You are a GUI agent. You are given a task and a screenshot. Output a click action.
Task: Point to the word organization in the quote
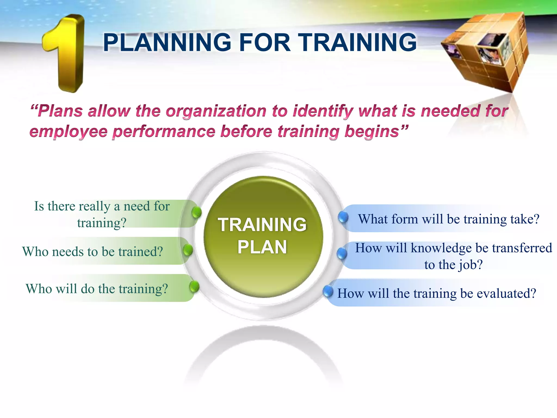(216, 112)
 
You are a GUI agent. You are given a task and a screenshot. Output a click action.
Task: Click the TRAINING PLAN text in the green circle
(262, 236)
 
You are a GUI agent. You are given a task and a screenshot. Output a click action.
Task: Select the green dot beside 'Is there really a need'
(196, 212)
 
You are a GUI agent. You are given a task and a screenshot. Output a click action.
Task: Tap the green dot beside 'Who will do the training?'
(194, 287)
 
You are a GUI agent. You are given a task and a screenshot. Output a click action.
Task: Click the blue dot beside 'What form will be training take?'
(343, 217)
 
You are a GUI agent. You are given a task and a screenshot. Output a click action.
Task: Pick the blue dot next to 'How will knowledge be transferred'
(342, 254)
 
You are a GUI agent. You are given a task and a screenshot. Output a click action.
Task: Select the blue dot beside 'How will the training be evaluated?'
(328, 291)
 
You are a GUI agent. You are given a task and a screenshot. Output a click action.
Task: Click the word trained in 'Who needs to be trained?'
(141, 251)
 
